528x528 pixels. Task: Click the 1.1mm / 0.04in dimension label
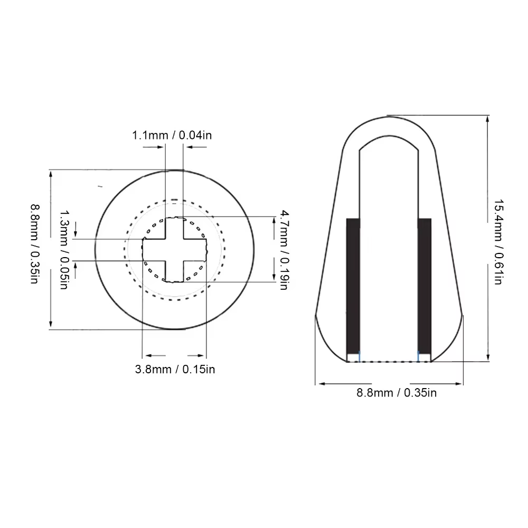pyautogui.click(x=172, y=135)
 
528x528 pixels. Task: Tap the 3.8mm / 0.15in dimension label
pyautogui.click(x=175, y=370)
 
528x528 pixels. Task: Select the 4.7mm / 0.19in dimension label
pyautogui.click(x=285, y=250)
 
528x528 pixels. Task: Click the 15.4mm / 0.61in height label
pyautogui.click(x=499, y=242)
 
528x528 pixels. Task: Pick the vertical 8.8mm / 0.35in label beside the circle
pyautogui.click(x=35, y=244)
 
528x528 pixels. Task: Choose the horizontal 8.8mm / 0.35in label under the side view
pyautogui.click(x=397, y=393)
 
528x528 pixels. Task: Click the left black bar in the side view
pyautogui.click(x=353, y=286)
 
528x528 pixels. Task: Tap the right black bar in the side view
pyautogui.click(x=425, y=286)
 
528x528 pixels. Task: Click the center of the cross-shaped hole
pyautogui.click(x=174, y=250)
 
